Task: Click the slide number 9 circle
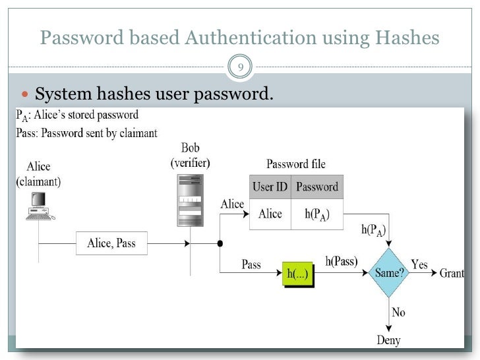240,66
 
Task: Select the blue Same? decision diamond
390,271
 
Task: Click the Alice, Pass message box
111,243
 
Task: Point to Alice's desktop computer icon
39,205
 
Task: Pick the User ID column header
270,187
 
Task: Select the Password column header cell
316,187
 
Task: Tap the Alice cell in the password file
270,214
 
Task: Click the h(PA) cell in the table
316,214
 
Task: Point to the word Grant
452,273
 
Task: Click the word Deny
389,340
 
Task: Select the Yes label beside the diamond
419,264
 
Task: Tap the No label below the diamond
398,312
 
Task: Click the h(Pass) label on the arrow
342,260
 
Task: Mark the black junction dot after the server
220,243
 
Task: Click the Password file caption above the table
295,164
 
